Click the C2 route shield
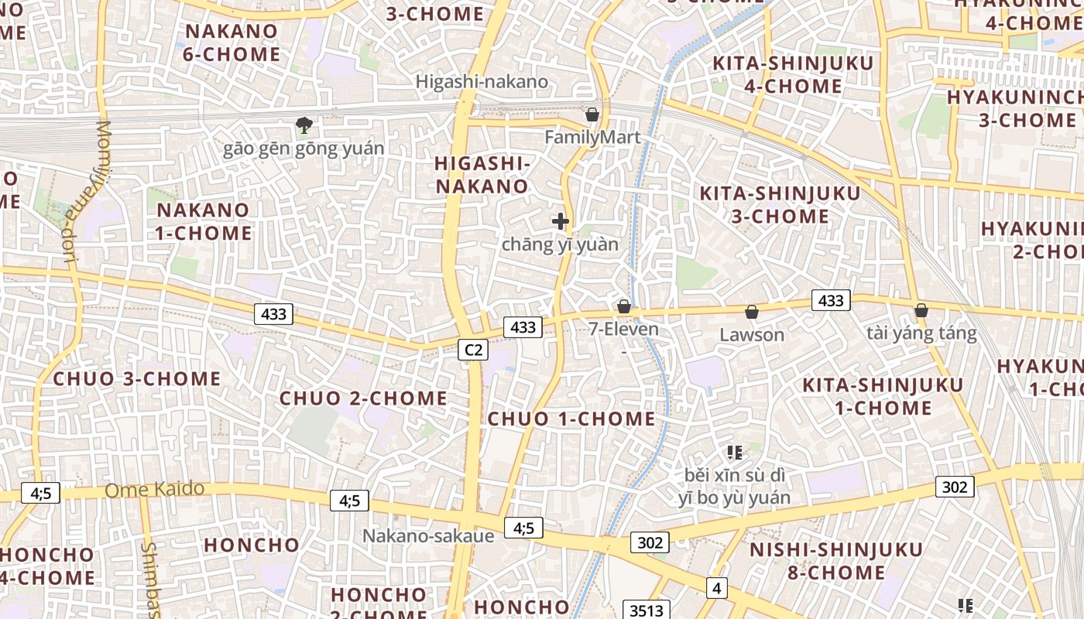point(473,350)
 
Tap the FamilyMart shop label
point(592,138)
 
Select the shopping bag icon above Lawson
point(751,312)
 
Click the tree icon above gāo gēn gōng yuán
point(304,125)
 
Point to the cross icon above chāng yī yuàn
point(561,221)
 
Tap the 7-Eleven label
point(623,329)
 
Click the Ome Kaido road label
point(154,490)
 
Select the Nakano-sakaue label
point(428,535)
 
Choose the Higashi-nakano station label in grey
point(482,81)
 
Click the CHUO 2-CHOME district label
point(363,398)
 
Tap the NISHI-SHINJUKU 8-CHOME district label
point(836,561)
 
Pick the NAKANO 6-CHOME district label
point(231,43)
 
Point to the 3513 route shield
point(646,610)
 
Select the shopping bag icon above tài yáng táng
point(921,310)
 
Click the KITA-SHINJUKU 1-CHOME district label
point(883,396)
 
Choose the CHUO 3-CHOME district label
point(137,378)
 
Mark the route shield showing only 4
point(716,588)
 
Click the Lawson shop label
point(752,335)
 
